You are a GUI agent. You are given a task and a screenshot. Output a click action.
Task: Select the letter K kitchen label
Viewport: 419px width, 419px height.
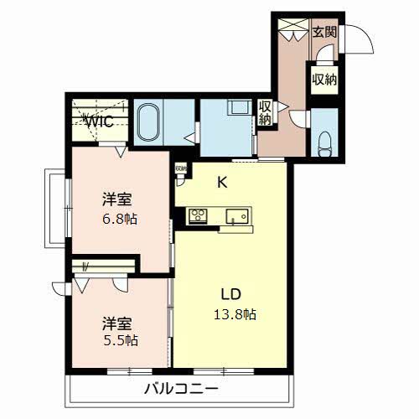(x=223, y=181)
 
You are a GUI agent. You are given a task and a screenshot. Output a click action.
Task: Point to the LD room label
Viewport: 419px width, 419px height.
(x=231, y=295)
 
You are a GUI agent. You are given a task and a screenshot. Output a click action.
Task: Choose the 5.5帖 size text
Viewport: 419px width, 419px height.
(x=121, y=341)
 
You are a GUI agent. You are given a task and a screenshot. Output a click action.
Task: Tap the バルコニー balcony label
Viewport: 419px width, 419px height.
(x=180, y=390)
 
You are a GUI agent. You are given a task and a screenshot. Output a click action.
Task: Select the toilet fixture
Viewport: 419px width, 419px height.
(x=324, y=142)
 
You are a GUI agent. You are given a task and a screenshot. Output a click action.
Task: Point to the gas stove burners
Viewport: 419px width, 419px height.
(x=198, y=216)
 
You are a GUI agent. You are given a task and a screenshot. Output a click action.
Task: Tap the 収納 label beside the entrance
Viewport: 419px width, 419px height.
(x=324, y=80)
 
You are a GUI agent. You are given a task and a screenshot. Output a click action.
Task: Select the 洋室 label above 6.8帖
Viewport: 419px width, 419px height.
(x=117, y=199)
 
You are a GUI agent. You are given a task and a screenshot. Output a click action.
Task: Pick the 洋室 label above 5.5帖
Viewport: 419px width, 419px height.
(x=117, y=322)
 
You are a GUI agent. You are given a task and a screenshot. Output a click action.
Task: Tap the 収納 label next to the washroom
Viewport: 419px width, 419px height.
(x=266, y=114)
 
